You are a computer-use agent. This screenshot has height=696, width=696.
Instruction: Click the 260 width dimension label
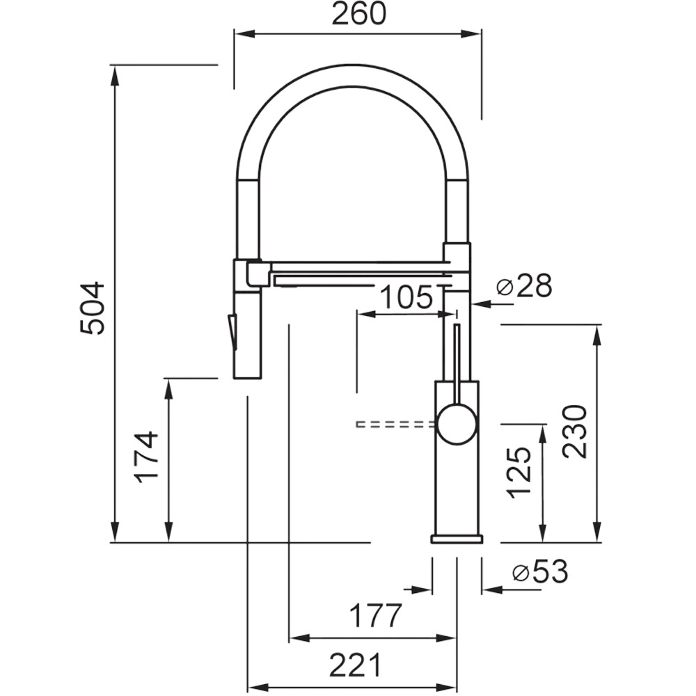[359, 14]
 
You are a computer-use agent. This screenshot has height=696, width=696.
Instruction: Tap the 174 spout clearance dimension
[147, 457]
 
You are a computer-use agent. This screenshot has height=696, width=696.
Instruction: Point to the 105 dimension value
[406, 297]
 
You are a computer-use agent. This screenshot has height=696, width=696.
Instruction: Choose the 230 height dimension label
[575, 431]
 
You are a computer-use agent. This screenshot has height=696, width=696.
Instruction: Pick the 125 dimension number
[519, 472]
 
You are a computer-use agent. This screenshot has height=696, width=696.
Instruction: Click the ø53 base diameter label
[540, 572]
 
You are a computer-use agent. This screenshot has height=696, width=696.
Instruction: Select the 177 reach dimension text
[376, 615]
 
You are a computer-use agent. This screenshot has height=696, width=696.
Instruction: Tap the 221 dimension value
[355, 665]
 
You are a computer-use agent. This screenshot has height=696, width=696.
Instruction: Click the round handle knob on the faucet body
[457, 425]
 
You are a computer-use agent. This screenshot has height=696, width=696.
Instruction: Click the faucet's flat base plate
[457, 539]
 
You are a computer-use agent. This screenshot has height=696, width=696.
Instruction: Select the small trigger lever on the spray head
[231, 331]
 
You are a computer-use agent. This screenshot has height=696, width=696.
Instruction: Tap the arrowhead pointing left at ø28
[480, 304]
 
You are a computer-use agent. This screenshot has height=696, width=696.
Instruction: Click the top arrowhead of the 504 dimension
[115, 75]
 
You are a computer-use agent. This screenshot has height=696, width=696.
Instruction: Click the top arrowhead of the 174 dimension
[168, 388]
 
